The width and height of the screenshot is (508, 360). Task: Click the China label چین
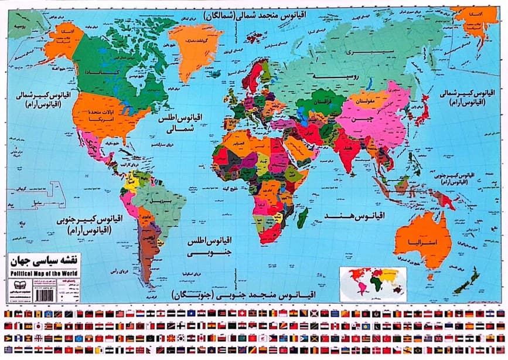(x=368, y=121)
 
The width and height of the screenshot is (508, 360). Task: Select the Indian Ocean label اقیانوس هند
(x=353, y=215)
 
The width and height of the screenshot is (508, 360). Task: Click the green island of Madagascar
(x=302, y=219)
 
